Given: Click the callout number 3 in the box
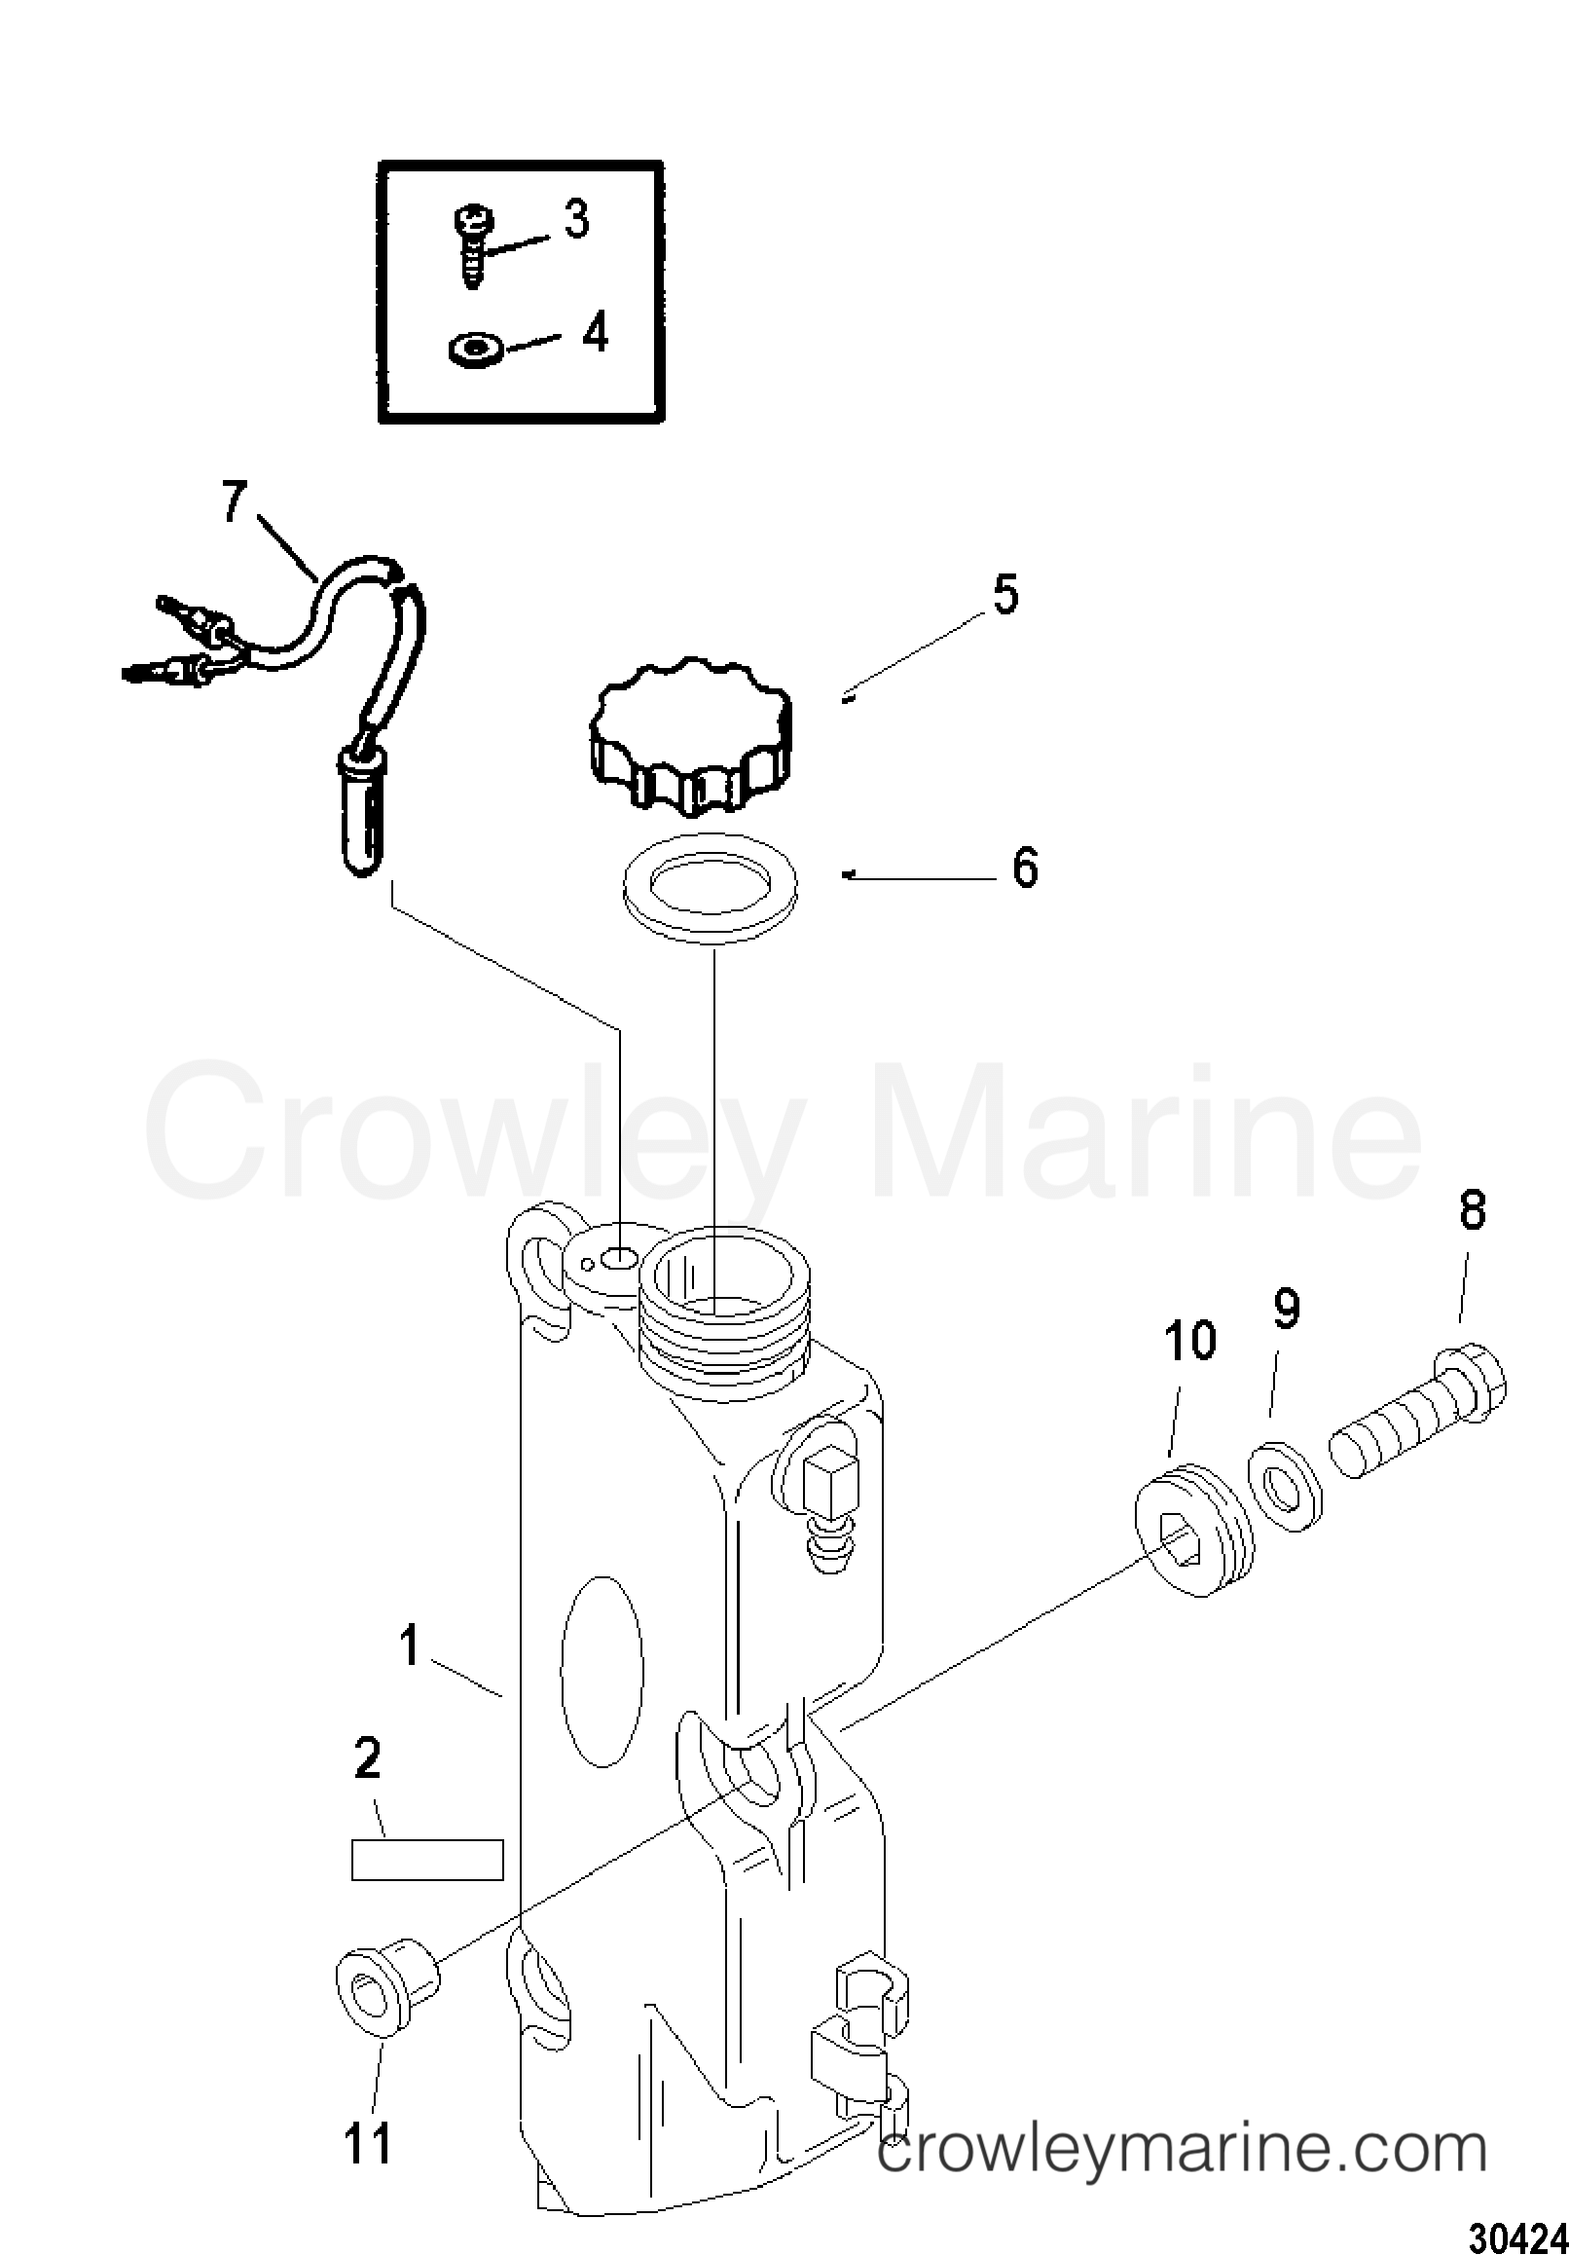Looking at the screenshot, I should pos(576,220).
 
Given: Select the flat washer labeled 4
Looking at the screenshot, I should pos(476,348).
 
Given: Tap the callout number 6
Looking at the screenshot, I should pos(1025,869).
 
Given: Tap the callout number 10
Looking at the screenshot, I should pos(1191,1341).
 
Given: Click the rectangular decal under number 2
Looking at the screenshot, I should pos(427,1860).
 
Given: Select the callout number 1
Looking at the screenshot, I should pos(410,1645).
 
